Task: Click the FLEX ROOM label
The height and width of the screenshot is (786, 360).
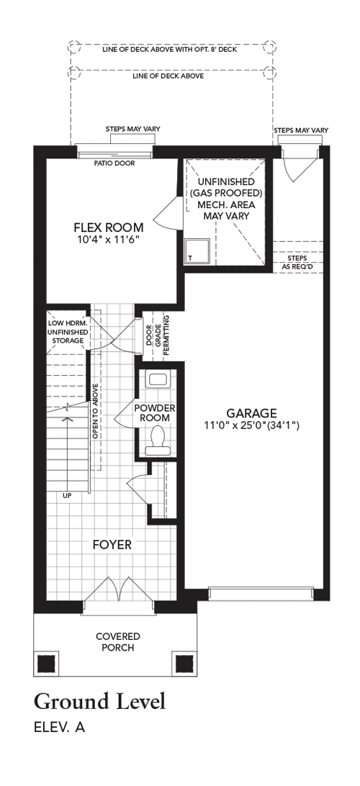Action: (x=109, y=227)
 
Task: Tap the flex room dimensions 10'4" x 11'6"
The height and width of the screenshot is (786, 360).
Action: (x=108, y=239)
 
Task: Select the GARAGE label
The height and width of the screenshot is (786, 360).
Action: (x=251, y=413)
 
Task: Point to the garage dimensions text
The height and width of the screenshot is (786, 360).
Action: (x=251, y=425)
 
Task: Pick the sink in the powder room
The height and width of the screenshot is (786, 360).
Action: (x=158, y=379)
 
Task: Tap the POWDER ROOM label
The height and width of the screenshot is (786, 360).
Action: (x=154, y=412)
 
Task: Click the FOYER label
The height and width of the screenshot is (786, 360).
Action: (x=112, y=544)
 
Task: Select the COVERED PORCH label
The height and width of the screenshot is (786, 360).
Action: (x=118, y=641)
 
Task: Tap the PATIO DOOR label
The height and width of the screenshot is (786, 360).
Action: (x=114, y=163)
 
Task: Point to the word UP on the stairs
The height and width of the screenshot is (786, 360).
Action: (x=67, y=496)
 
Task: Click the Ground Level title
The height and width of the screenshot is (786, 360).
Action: (x=100, y=701)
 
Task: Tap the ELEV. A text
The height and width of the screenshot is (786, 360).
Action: (x=59, y=728)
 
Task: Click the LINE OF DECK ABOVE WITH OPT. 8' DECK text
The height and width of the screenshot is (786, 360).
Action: (x=169, y=50)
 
